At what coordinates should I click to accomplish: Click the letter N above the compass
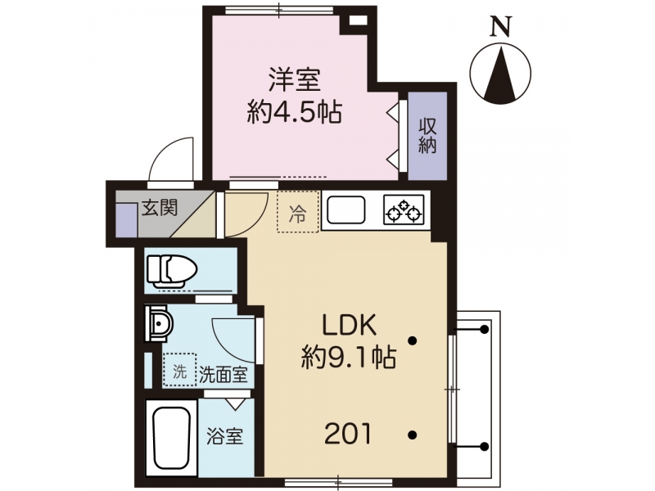(x=501, y=27)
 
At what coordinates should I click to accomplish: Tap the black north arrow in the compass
(x=501, y=74)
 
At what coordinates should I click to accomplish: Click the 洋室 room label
(x=295, y=79)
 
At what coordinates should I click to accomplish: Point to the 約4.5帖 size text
(x=295, y=111)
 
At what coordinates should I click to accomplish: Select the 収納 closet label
(x=427, y=136)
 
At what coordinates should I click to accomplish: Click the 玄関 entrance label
(x=160, y=208)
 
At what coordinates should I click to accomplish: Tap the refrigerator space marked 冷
(x=298, y=211)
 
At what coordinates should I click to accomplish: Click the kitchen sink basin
(x=346, y=209)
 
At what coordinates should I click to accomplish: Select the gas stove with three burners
(x=404, y=209)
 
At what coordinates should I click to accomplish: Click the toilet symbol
(x=171, y=272)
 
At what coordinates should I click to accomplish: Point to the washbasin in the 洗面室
(x=159, y=323)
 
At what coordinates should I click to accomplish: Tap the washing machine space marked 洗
(x=179, y=370)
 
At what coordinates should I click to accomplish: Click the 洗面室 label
(x=223, y=375)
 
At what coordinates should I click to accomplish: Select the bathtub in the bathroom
(x=172, y=438)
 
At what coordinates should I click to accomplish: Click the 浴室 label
(x=224, y=436)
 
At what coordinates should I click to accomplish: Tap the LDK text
(x=349, y=326)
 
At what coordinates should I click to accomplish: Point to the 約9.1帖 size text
(x=349, y=357)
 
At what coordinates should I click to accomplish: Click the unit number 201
(x=348, y=434)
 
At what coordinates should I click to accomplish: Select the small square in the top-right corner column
(x=358, y=20)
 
